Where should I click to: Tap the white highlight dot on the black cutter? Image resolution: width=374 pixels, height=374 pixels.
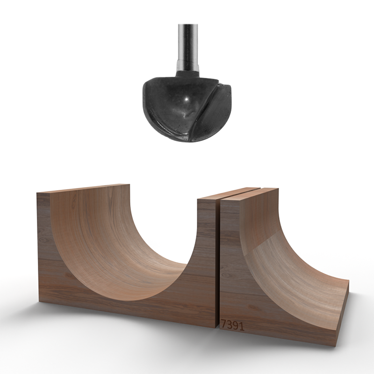pyautogui.click(x=186, y=99)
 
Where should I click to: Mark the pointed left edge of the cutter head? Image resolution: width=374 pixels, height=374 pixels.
pyautogui.click(x=144, y=92)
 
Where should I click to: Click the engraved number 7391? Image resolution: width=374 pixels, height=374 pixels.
pyautogui.click(x=232, y=325)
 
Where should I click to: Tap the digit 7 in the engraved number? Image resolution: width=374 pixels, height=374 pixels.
pyautogui.click(x=224, y=325)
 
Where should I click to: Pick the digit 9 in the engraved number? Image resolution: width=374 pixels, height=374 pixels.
pyautogui.click(x=235, y=326)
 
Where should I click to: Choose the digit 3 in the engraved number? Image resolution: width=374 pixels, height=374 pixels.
pyautogui.click(x=230, y=325)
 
